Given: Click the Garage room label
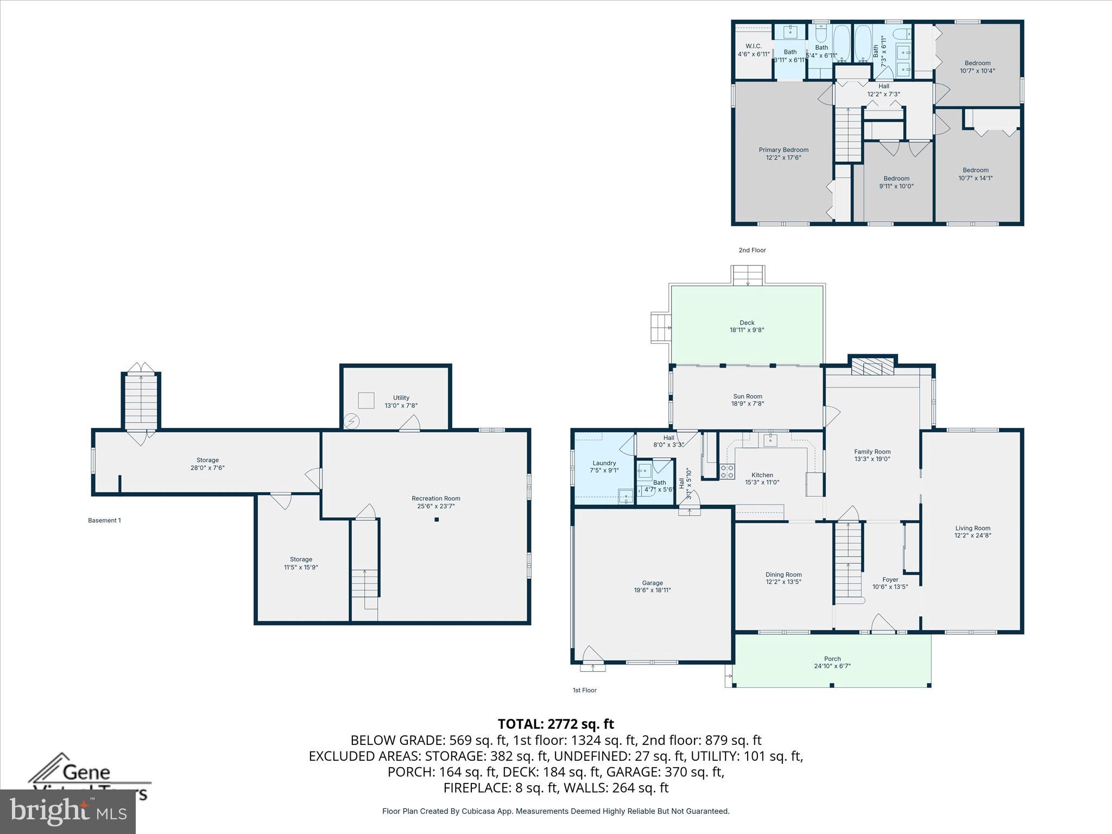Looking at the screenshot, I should [x=652, y=583].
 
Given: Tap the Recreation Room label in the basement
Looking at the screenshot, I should [x=436, y=498].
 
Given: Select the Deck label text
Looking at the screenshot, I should [x=747, y=323].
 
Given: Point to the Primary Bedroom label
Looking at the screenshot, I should [x=784, y=150].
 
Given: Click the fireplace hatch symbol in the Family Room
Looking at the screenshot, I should [x=872, y=367].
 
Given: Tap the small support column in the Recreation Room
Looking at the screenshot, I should [x=437, y=520].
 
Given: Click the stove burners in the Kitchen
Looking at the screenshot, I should [x=727, y=471].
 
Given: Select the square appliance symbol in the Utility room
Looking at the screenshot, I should [x=366, y=400].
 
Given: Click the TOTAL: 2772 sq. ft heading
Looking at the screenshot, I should [x=555, y=724].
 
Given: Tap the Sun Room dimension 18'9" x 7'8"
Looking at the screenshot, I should [x=747, y=403].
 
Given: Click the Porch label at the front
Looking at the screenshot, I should [x=832, y=659].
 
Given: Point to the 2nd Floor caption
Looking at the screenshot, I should [x=752, y=250].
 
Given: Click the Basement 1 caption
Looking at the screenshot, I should [x=104, y=520].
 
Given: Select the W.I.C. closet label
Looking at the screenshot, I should [x=754, y=46].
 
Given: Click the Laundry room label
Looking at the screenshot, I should [x=604, y=463].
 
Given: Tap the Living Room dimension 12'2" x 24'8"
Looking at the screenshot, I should [x=973, y=535].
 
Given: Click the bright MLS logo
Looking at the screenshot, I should [x=68, y=812].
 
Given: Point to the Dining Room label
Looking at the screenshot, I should [x=784, y=574].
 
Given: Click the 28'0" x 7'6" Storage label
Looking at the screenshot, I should [x=207, y=467].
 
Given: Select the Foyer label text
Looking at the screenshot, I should [x=890, y=579].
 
